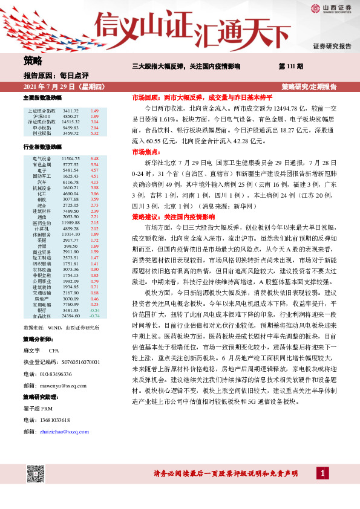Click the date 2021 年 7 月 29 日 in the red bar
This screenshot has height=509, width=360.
pos(54,87)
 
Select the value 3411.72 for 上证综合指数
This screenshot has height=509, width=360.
pos(71,111)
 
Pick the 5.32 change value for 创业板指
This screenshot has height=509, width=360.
pos(94,133)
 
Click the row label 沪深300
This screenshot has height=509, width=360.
pos(42,117)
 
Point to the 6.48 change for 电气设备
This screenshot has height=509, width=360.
pos(94,158)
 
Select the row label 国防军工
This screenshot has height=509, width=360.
pos(42,176)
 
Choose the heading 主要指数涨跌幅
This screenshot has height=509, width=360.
pos(42,97)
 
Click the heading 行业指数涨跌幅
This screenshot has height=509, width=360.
pos(42,147)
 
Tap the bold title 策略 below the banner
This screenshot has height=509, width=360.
pos(34,60)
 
